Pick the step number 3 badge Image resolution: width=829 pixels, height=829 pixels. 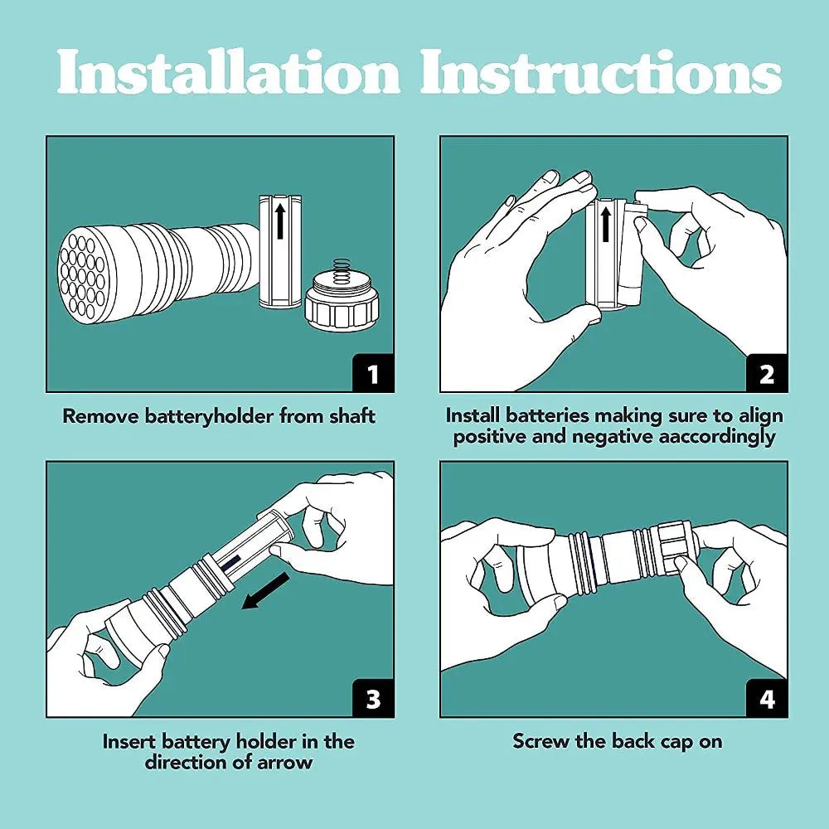pos(372,698)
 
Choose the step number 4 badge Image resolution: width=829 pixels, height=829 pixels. pos(766,698)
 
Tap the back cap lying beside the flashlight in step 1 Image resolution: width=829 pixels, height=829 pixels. pos(342,302)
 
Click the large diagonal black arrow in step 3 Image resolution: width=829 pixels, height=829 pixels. pos(265,590)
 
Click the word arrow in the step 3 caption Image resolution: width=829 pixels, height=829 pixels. pos(284,762)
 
